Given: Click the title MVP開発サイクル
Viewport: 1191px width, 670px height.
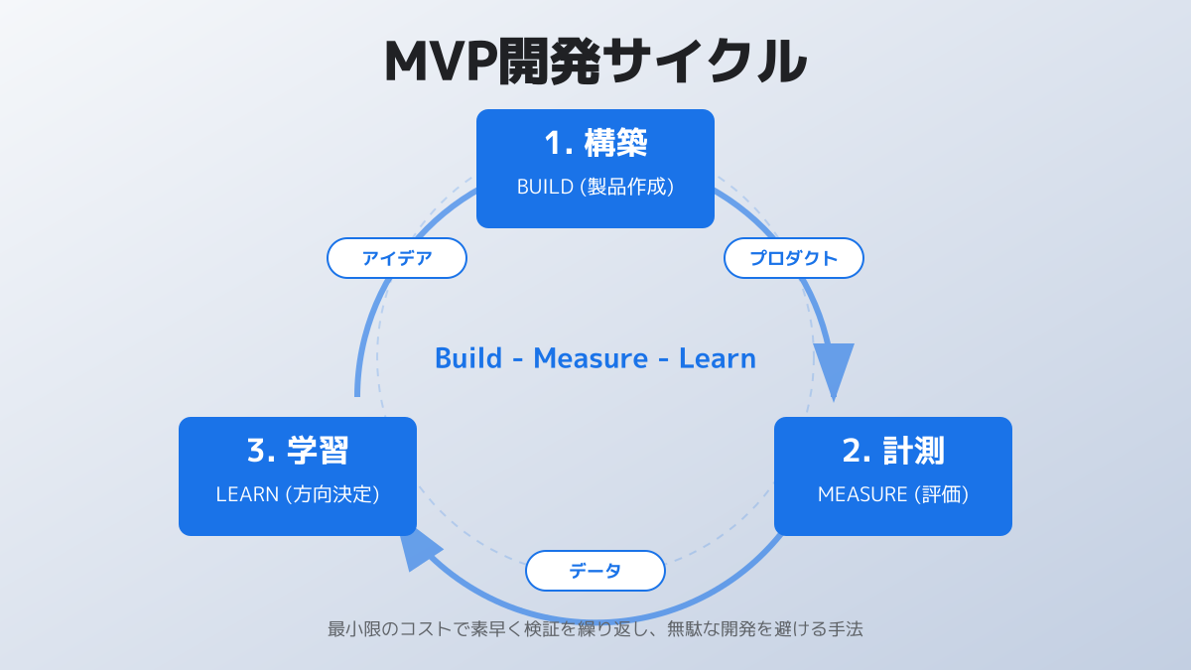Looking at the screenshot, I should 595,62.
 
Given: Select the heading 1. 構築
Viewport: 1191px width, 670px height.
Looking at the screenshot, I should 595,144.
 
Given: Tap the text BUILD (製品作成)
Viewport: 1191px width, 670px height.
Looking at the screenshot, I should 595,187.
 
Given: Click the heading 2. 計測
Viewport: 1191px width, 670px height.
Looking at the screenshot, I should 893,452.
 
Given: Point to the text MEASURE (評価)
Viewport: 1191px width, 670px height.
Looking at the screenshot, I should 893,494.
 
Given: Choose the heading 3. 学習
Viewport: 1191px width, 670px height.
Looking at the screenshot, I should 298,452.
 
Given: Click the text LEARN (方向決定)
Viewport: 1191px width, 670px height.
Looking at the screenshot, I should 298,494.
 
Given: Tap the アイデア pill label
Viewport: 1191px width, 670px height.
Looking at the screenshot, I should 397,258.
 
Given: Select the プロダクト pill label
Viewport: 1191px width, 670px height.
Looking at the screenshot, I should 794,258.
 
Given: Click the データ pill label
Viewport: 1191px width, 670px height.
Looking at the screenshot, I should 595,571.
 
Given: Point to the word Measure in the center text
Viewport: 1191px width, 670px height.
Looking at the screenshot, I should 591,358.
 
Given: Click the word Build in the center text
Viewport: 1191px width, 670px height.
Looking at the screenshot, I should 468,358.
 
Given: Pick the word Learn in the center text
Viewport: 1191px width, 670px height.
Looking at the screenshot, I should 718,358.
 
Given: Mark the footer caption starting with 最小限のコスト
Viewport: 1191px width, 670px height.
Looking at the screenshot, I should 595,629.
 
